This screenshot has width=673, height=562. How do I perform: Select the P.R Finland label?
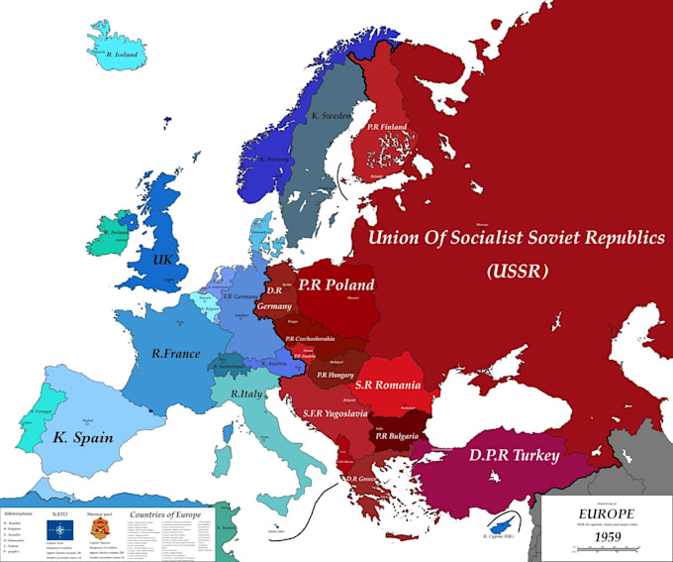pyautogui.click(x=387, y=127)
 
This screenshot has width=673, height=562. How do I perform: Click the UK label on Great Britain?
pyautogui.click(x=163, y=259)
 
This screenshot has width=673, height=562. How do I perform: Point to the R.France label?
pyautogui.click(x=176, y=353)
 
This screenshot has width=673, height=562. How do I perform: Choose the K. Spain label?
pyautogui.click(x=83, y=437)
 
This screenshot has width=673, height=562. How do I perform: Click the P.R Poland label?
pyautogui.click(x=336, y=284)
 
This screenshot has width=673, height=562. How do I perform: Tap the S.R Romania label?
pyautogui.click(x=391, y=385)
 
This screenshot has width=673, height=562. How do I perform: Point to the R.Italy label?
pyautogui.click(x=247, y=393)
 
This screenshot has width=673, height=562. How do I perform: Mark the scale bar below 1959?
pyautogui.click(x=607, y=550)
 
